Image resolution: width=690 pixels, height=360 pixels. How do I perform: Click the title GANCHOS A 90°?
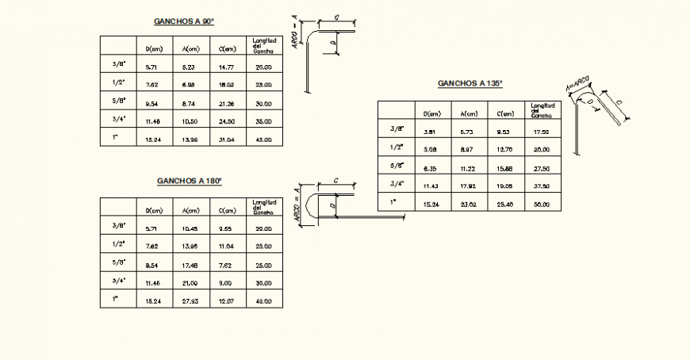click(x=183, y=22)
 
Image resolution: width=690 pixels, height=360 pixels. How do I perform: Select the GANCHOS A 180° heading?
click(x=189, y=182)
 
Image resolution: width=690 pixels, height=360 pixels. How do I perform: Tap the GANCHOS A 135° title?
click(x=470, y=82)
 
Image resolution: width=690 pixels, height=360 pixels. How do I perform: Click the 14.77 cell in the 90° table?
click(x=226, y=67)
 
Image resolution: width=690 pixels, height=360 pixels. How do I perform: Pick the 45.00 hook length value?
click(x=263, y=140)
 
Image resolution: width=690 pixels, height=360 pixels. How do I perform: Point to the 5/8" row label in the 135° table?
click(x=397, y=165)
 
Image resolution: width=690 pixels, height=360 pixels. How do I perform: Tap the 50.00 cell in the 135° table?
click(x=542, y=205)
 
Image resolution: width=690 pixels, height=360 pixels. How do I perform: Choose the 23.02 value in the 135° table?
click(x=468, y=205)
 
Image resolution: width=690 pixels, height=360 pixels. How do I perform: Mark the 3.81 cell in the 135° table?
click(x=431, y=132)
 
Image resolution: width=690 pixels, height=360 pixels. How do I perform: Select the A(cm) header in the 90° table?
click(x=190, y=49)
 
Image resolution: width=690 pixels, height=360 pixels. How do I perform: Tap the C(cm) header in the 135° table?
click(x=504, y=113)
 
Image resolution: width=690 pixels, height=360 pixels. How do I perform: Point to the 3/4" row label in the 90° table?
click(x=117, y=119)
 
